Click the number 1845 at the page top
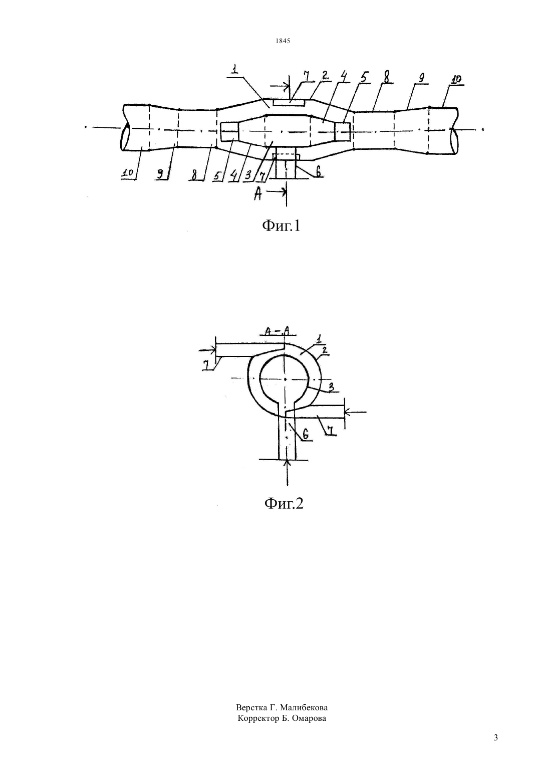(x=283, y=41)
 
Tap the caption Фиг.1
(x=281, y=226)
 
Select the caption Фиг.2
(x=284, y=503)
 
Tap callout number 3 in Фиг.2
(x=331, y=387)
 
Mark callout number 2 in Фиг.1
(x=324, y=76)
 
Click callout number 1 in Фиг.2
(x=319, y=338)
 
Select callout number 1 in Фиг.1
(x=235, y=69)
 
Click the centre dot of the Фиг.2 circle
(x=285, y=379)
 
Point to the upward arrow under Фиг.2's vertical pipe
(x=287, y=472)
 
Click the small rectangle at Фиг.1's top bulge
(x=289, y=103)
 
